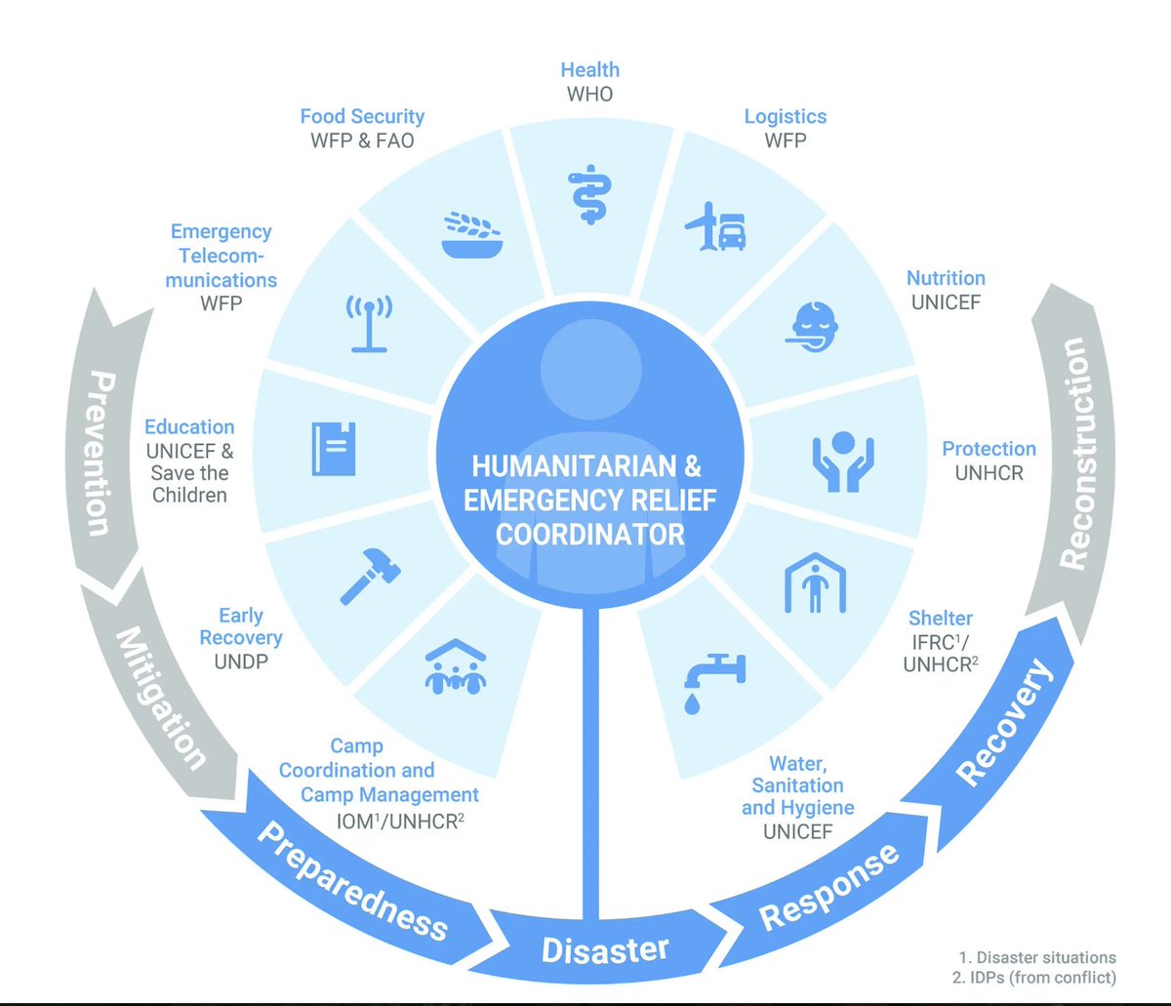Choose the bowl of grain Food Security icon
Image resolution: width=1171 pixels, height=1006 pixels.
point(473,234)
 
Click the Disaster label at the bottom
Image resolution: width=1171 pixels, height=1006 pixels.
point(605,948)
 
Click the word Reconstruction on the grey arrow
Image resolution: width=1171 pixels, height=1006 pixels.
point(1071,454)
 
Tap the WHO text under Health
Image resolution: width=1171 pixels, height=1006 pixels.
point(588,95)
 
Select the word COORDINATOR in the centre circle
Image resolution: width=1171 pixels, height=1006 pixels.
point(589,535)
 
